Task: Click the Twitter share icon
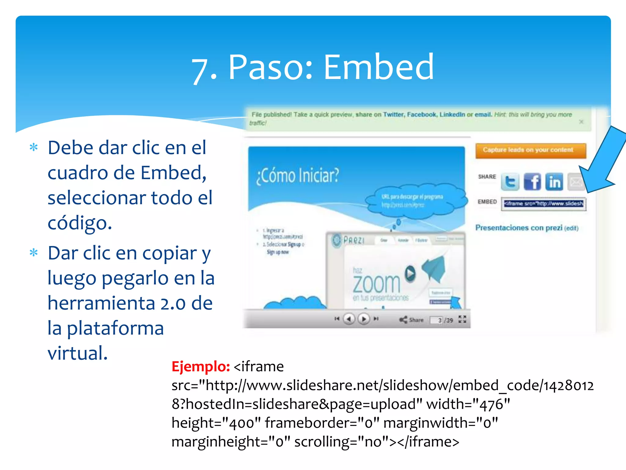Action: click(510, 182)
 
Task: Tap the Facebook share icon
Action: click(532, 182)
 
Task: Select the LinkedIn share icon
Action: click(554, 182)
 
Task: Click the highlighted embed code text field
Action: click(543, 204)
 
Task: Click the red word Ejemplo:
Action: click(201, 366)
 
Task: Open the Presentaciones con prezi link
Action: click(519, 228)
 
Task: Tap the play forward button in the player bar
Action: click(364, 319)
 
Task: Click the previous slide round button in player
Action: click(349, 319)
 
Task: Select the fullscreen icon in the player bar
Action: click(462, 319)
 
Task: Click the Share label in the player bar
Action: click(416, 320)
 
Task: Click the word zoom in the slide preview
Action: click(377, 284)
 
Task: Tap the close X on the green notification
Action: click(581, 122)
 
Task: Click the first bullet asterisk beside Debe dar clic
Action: click(34, 148)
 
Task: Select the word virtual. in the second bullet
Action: click(78, 353)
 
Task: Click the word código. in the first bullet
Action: click(80, 223)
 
